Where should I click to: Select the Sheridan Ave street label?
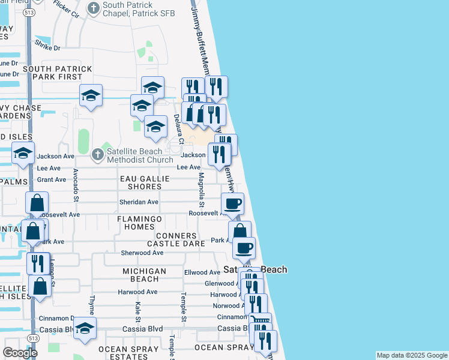139,202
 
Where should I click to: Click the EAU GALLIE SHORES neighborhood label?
140,182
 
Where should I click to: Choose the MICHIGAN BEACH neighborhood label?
144,275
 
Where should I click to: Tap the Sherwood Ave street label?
142,253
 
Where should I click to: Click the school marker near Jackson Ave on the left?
23,154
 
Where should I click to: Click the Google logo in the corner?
20,353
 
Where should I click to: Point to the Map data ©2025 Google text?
412,355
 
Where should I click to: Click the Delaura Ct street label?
178,125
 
